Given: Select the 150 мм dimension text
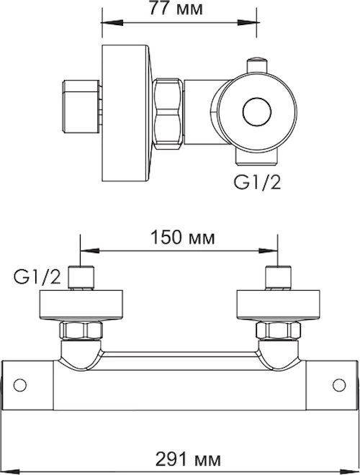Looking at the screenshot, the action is (x=183, y=237).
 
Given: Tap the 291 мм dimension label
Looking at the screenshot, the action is (x=188, y=460).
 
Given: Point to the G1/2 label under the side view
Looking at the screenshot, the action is (x=257, y=182).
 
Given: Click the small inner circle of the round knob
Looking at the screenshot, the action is (x=257, y=112).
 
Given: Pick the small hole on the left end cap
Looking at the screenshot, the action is (x=20, y=385).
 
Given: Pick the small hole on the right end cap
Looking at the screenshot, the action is (x=339, y=385).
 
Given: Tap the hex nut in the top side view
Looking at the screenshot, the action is (x=168, y=114).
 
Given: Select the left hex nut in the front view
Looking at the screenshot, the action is (x=81, y=330).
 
